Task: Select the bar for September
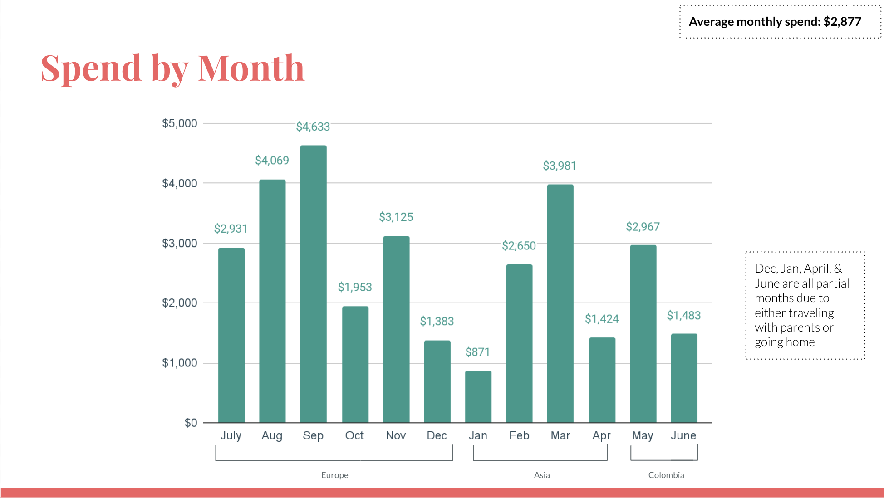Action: pos(313,284)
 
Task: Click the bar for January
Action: pos(478,397)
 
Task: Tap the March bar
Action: pos(560,303)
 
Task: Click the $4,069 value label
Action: pos(272,161)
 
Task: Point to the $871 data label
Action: pos(477,352)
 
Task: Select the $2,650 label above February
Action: pos(519,246)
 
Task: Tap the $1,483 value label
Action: pos(683,316)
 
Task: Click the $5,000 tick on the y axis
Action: pos(180,123)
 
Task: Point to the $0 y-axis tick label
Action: pos(191,423)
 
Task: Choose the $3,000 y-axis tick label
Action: pos(180,244)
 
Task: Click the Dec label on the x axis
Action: pos(437,436)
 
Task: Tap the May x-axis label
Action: pos(643,436)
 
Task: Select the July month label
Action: pos(231,436)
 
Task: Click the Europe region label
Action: pos(334,475)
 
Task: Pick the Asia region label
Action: pos(542,475)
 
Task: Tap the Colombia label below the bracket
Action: pos(666,475)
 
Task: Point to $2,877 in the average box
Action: pos(842,22)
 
